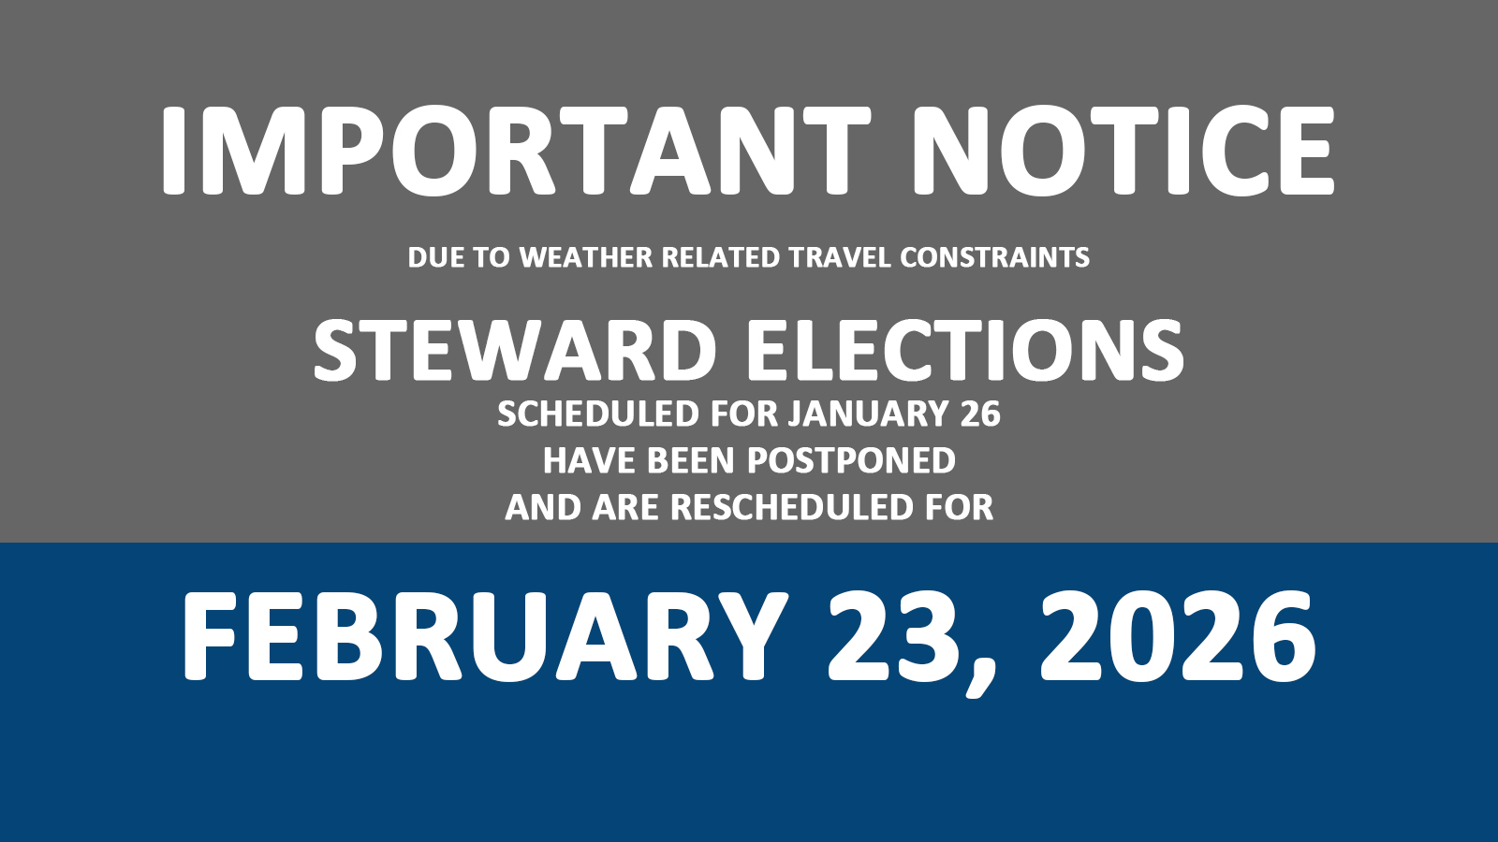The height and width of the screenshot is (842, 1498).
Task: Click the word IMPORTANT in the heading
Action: click(516, 151)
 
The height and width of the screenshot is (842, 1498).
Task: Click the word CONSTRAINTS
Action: click(995, 257)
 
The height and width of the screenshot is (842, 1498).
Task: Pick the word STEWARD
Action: click(515, 350)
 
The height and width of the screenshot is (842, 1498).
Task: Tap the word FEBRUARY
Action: click(483, 635)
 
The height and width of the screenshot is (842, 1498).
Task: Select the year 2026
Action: click(1177, 635)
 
